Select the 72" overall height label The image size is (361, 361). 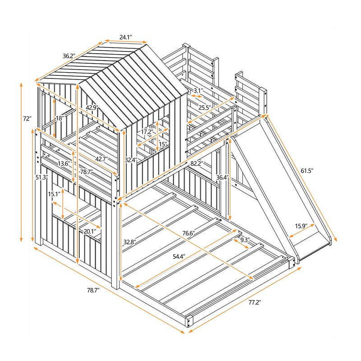click(x=27, y=119)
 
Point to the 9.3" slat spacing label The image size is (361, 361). click(x=245, y=240)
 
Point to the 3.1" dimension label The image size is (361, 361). click(x=197, y=91)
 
